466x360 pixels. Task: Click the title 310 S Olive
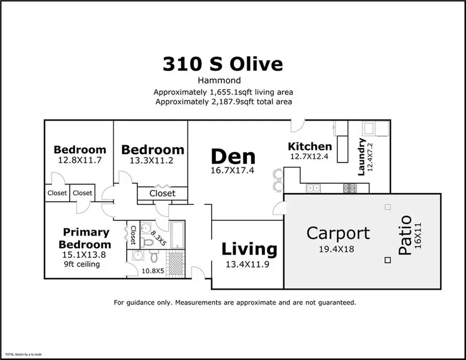pyautogui.click(x=223, y=64)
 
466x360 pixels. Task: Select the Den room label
pyautogui.click(x=232, y=156)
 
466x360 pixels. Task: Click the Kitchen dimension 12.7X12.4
pyautogui.click(x=310, y=157)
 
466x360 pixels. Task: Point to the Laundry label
pyautogui.click(x=362, y=156)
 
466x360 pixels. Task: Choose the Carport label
pyautogui.click(x=338, y=233)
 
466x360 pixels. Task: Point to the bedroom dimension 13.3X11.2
pyautogui.click(x=152, y=160)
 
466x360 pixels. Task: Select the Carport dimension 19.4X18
pyautogui.click(x=336, y=249)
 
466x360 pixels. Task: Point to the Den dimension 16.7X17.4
pyautogui.click(x=232, y=170)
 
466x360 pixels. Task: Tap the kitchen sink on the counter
pyautogui.click(x=313, y=187)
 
